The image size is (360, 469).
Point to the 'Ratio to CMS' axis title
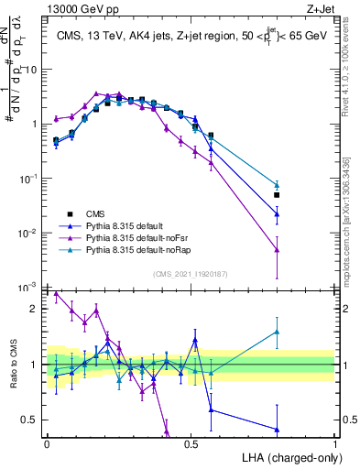[13, 364]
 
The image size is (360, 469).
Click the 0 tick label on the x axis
[47, 442]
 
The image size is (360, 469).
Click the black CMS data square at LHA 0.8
[277, 195]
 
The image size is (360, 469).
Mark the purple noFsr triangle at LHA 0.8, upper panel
[277, 249]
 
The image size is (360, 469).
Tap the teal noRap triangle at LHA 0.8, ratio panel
[277, 333]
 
